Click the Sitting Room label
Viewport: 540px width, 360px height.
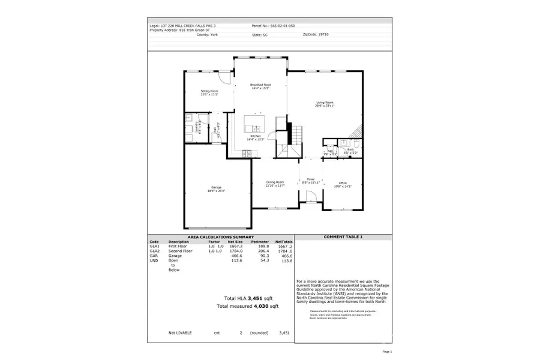tap(209, 91)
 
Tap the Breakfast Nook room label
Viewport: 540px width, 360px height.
tap(260, 85)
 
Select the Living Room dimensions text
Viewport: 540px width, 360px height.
tap(325, 106)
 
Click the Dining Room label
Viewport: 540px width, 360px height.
tap(275, 182)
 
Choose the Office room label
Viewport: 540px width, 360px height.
tap(343, 183)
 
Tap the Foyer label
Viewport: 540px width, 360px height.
tap(311, 179)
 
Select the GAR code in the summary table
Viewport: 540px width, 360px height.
tap(154, 256)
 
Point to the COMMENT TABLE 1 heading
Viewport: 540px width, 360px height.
tap(343, 237)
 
